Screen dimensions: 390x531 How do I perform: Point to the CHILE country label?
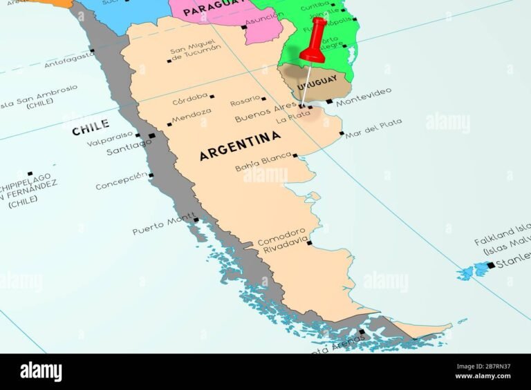point(90,125)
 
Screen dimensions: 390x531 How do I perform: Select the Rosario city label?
point(245,100)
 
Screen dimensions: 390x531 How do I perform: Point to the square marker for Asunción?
point(243,27)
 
